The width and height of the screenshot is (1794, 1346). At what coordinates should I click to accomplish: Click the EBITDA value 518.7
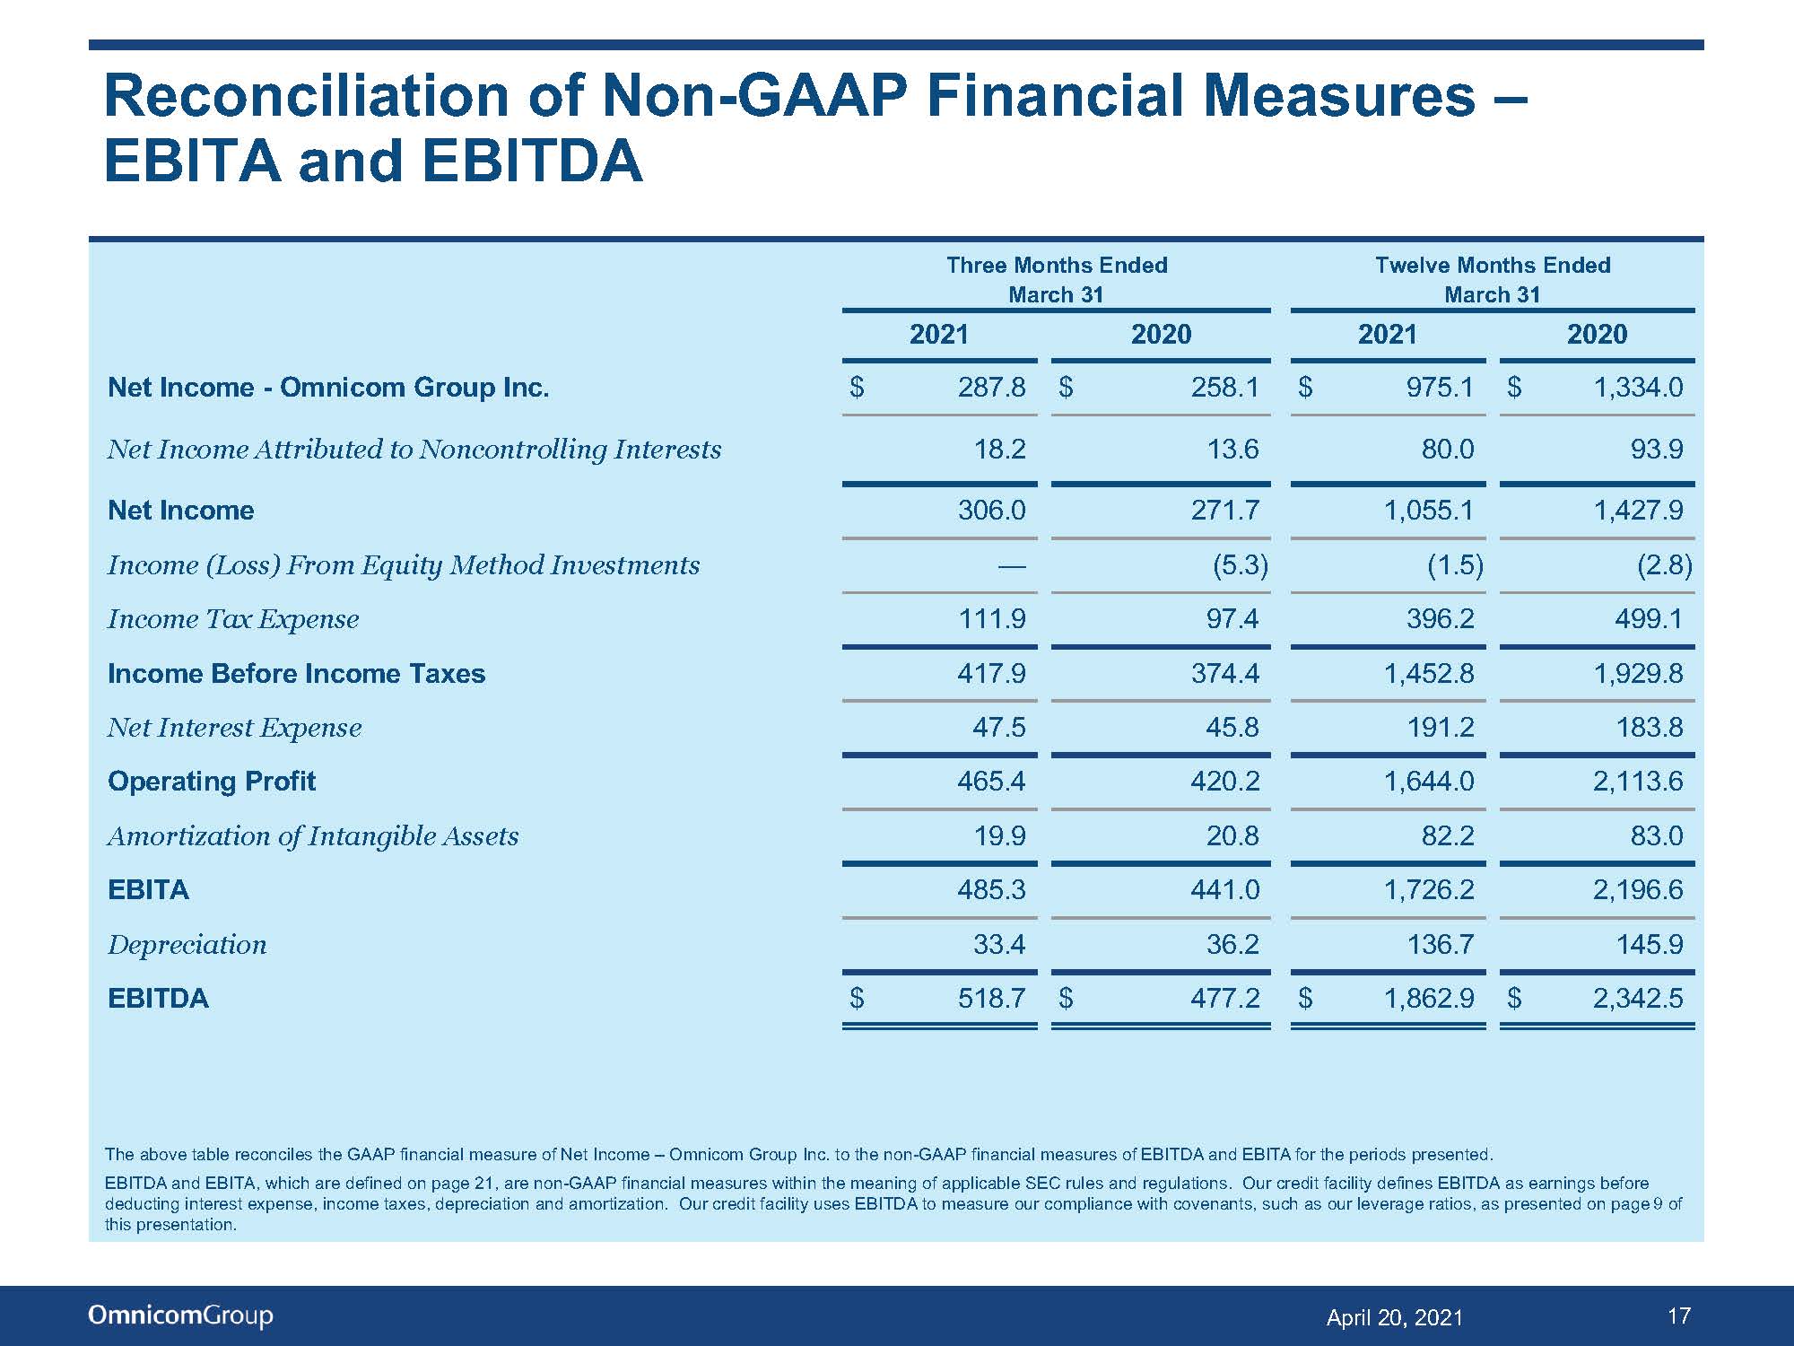click(x=991, y=998)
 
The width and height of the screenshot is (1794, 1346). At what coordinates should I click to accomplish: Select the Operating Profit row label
click(x=212, y=781)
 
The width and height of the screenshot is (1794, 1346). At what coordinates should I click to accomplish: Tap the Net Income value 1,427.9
click(x=1638, y=511)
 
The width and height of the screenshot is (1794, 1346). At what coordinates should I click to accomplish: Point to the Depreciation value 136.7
click(x=1440, y=944)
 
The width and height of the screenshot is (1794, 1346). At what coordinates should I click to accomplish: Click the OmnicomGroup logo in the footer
click(x=180, y=1315)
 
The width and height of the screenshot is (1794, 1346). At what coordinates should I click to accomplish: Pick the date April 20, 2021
click(x=1394, y=1317)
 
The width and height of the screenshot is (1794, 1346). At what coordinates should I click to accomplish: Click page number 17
click(x=1679, y=1315)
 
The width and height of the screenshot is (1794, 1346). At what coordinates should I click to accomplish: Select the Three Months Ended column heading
click(x=1057, y=265)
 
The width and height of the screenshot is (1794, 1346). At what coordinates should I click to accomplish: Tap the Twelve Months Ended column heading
click(x=1493, y=265)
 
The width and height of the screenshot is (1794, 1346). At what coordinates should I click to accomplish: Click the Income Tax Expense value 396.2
click(x=1440, y=618)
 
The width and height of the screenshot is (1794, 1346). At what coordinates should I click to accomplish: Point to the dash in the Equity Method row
click(x=1012, y=565)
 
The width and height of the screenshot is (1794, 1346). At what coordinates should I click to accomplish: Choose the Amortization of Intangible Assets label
click(x=313, y=836)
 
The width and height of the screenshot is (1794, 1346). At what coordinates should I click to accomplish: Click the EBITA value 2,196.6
click(x=1638, y=889)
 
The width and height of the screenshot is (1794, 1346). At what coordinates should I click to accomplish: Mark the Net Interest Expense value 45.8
click(x=1232, y=727)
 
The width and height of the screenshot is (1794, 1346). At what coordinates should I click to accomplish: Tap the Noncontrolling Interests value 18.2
click(x=999, y=449)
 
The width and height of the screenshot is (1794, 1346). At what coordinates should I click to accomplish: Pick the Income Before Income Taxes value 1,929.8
click(x=1638, y=673)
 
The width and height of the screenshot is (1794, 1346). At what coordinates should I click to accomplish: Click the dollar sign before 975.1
click(x=1305, y=387)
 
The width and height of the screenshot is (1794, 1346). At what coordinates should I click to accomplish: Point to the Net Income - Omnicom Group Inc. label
click(x=328, y=387)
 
